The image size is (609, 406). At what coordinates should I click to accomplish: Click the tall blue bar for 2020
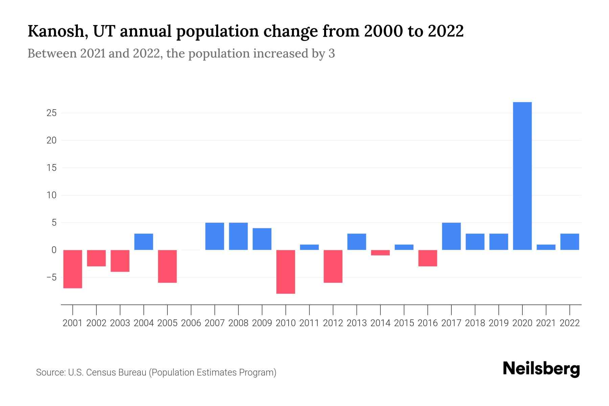click(522, 176)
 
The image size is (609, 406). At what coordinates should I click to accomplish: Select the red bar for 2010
click(286, 272)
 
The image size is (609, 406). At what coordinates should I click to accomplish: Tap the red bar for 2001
click(73, 269)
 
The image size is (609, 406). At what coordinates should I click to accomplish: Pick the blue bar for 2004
click(144, 242)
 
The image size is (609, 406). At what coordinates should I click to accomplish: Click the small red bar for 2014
click(380, 253)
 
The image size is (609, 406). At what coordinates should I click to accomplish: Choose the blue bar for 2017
click(451, 236)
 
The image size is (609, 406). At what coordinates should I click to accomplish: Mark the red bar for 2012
click(333, 266)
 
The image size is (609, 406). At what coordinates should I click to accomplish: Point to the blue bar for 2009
click(262, 239)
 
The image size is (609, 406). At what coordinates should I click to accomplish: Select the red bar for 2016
click(428, 258)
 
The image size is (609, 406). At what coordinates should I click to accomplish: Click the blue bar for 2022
click(570, 242)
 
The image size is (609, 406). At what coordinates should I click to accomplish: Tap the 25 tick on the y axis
click(51, 113)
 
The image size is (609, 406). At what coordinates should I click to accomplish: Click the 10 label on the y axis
click(51, 195)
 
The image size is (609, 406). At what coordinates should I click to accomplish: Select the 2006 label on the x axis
click(191, 323)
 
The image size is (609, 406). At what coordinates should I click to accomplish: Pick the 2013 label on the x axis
click(357, 323)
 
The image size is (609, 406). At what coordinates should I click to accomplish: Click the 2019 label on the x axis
click(499, 323)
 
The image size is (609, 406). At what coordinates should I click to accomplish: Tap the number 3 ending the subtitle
click(332, 54)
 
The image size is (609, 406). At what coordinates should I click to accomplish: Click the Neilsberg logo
click(541, 369)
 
